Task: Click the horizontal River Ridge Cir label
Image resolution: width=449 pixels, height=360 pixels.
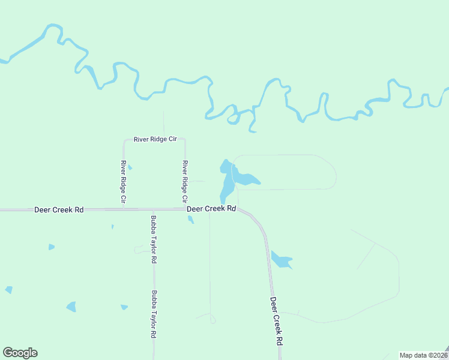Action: pos(155,139)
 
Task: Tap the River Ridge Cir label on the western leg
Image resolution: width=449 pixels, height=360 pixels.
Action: pos(123,181)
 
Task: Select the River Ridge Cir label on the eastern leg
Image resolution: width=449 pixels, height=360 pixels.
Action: pos(185,181)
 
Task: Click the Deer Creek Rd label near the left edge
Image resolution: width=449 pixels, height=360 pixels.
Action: pos(58,210)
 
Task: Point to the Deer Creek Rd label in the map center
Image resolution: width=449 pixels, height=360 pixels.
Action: pos(211,209)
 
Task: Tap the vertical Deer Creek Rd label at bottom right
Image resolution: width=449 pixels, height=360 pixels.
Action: pos(276,321)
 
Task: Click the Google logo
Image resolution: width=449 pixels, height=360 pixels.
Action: pos(20,353)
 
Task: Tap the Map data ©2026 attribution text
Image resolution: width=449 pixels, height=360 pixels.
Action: pos(423,355)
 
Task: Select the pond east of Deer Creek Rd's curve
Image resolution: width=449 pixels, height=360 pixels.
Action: pos(280,260)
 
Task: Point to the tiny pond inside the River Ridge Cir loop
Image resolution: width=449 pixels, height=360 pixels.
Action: pos(130,167)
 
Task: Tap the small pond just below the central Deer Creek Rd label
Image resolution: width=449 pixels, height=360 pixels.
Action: pos(191,220)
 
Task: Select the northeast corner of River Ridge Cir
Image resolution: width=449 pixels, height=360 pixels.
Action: pos(184,140)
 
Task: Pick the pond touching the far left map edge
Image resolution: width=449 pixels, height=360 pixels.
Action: pos(8,290)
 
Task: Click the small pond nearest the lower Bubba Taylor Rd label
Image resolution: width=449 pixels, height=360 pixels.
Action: pos(124,307)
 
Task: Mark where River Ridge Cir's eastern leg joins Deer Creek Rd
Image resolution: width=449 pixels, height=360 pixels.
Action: pos(185,209)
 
